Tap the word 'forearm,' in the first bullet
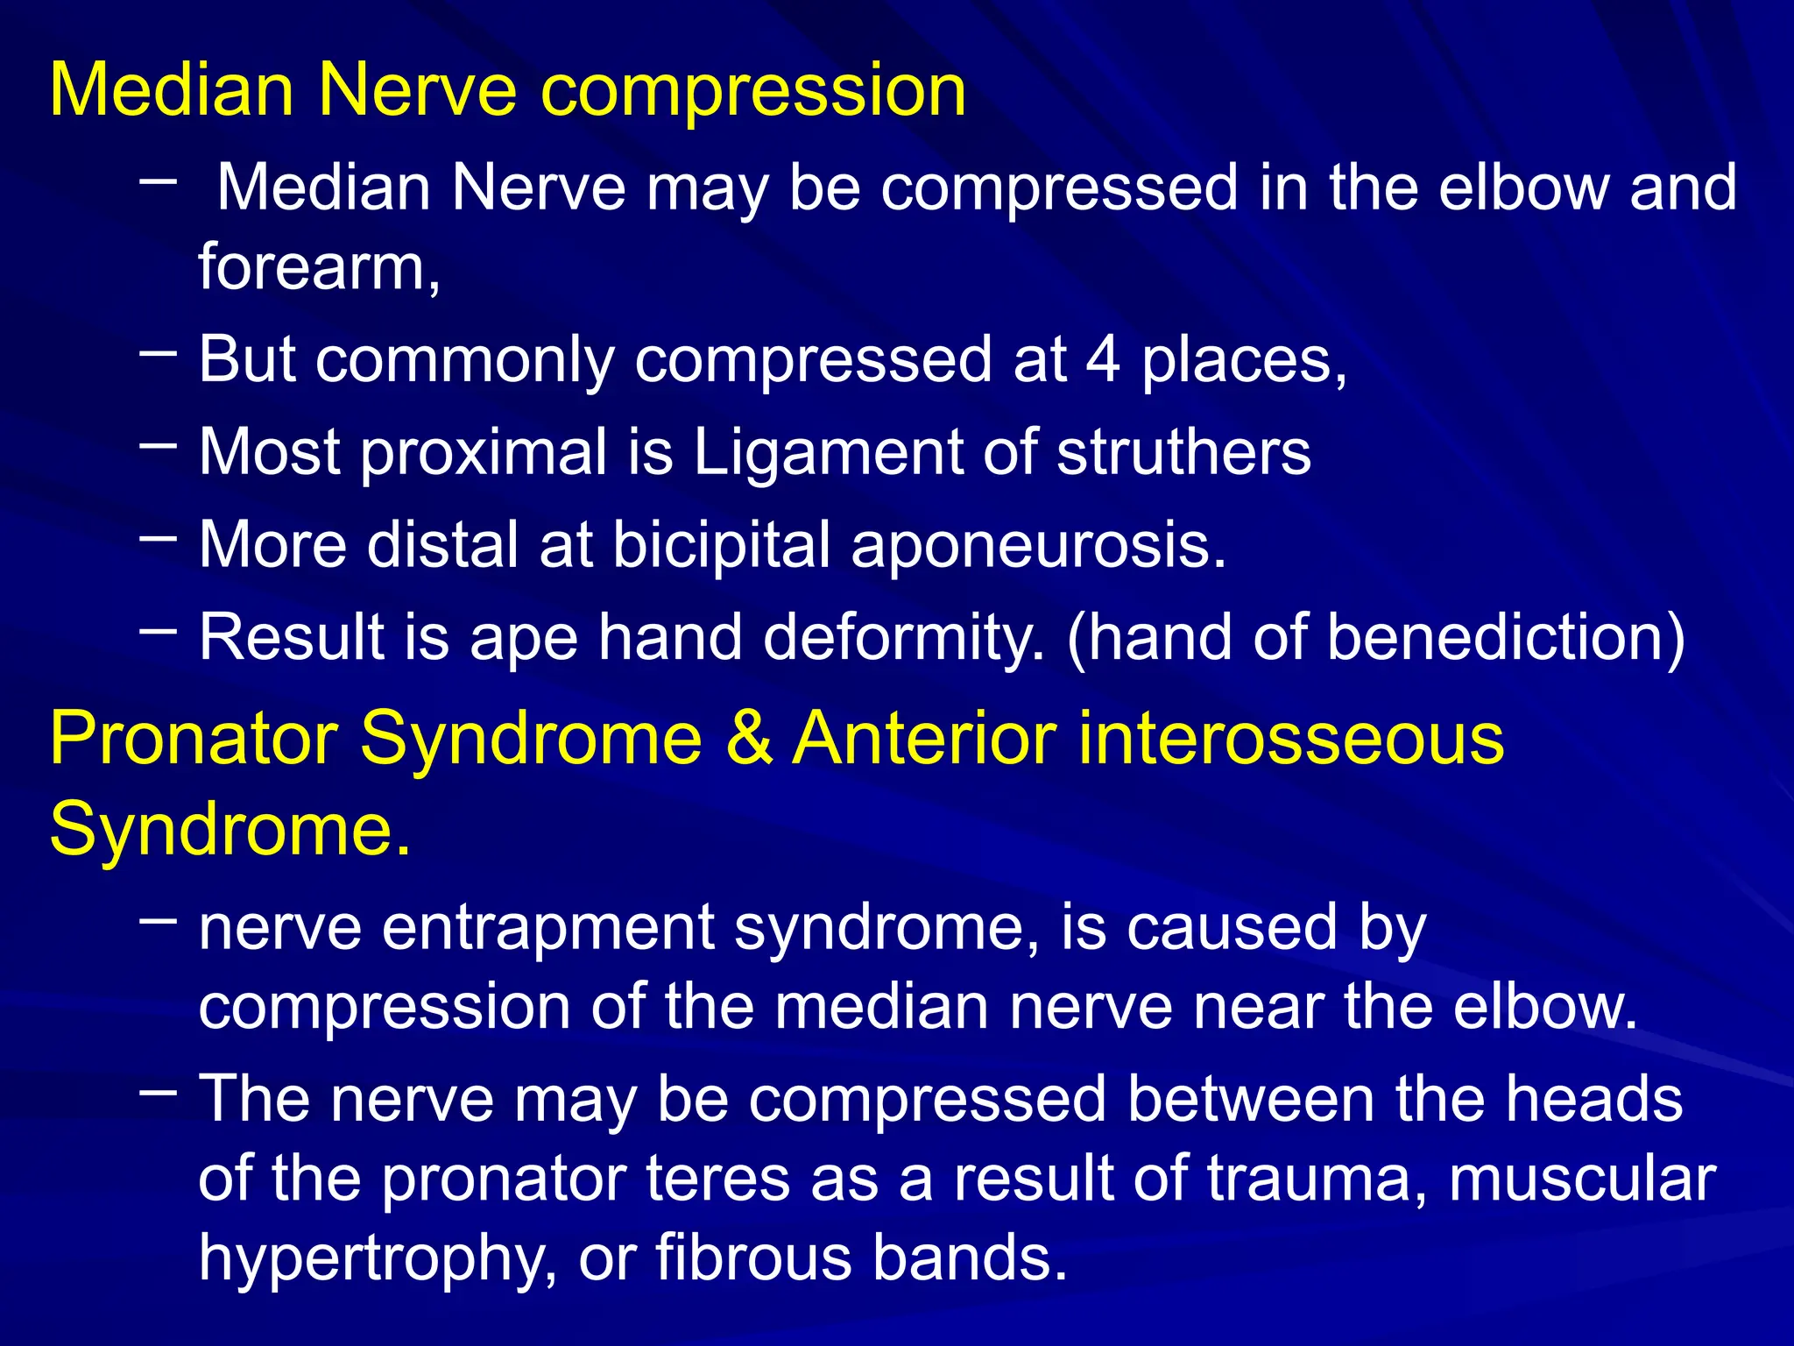[319, 267]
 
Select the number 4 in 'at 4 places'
[1103, 359]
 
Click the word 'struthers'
[1183, 452]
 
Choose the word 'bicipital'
[721, 545]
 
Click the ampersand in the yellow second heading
[748, 740]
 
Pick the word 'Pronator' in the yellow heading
[193, 740]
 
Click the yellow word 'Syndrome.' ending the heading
[230, 829]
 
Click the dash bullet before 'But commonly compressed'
[158, 353]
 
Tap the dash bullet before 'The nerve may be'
[158, 1092]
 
